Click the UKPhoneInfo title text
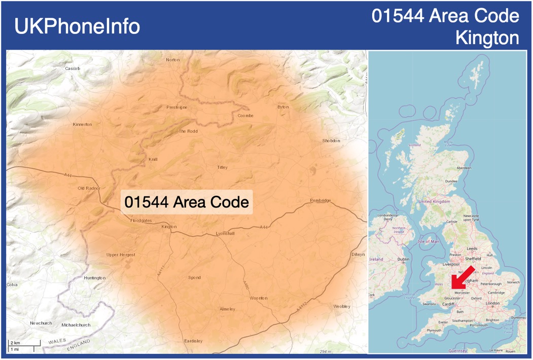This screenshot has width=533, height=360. pyautogui.click(x=77, y=26)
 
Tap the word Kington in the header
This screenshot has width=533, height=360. pyautogui.click(x=487, y=38)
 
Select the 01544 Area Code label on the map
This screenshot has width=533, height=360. pyautogui.click(x=187, y=202)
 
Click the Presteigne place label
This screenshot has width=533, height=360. pyautogui.click(x=177, y=107)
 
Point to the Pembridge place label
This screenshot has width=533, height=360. pyautogui.click(x=321, y=201)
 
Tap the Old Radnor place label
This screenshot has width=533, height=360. pyautogui.click(x=89, y=188)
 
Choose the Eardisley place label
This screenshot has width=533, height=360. pyautogui.click(x=193, y=341)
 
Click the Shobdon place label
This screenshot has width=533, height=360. pyautogui.click(x=331, y=140)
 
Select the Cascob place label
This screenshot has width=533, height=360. pyautogui.click(x=73, y=68)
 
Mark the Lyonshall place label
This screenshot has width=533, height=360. pyautogui.click(x=225, y=233)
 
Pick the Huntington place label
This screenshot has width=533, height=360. pyautogui.click(x=95, y=278)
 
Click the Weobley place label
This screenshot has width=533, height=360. pyautogui.click(x=342, y=306)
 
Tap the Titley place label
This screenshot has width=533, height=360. pyautogui.click(x=222, y=167)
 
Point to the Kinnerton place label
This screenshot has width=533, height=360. pyautogui.click(x=83, y=124)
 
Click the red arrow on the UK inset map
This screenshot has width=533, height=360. pyautogui.click(x=463, y=277)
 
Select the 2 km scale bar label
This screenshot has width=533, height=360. pyautogui.click(x=15, y=343)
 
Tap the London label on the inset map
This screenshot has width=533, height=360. pyautogui.click(x=492, y=303)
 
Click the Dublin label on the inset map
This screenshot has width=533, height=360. pyautogui.click(x=404, y=259)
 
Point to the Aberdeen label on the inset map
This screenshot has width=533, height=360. pyautogui.click(x=464, y=168)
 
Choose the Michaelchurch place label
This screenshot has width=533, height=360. pyautogui.click(x=76, y=325)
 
